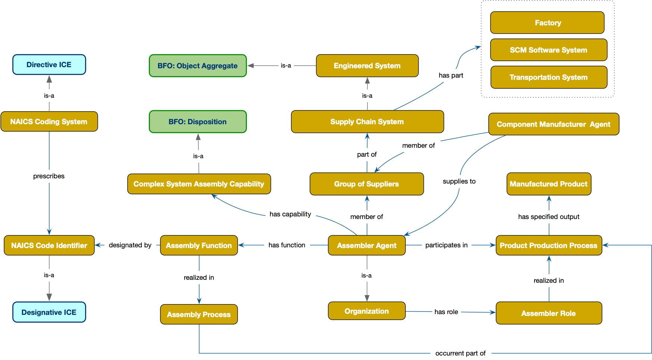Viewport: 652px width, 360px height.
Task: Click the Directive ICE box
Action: (x=49, y=65)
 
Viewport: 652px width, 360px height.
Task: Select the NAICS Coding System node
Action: (x=49, y=122)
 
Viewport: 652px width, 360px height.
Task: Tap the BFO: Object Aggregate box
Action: (x=198, y=66)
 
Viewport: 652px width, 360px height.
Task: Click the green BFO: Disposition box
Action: (x=198, y=122)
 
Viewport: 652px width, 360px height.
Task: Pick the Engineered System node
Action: (x=367, y=66)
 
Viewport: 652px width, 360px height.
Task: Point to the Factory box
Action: (x=547, y=23)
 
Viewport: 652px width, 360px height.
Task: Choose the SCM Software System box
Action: (x=548, y=50)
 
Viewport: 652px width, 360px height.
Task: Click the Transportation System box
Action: (x=548, y=77)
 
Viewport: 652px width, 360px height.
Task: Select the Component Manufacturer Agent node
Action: (x=553, y=124)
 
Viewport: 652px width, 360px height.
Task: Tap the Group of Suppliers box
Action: (x=367, y=184)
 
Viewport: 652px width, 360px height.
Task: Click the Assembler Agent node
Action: (x=367, y=245)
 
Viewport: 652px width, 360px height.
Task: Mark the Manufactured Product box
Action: (x=549, y=184)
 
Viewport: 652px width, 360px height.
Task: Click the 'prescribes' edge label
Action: (x=49, y=176)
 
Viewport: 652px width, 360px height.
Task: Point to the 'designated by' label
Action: (x=130, y=245)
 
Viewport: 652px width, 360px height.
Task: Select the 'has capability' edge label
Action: (x=290, y=214)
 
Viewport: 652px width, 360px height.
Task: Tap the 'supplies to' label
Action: (x=459, y=181)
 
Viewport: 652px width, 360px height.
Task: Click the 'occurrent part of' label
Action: (x=460, y=353)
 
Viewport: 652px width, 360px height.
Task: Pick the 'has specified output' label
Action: (x=549, y=217)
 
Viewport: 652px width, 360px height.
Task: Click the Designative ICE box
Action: (x=49, y=312)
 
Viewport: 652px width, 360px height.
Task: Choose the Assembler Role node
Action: (x=548, y=313)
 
